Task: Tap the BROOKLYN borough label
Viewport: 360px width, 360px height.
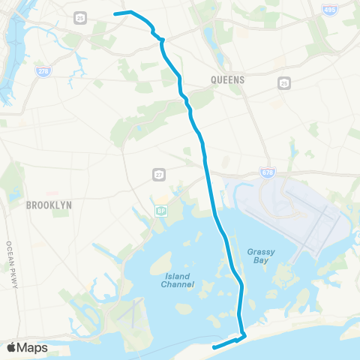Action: click(48, 204)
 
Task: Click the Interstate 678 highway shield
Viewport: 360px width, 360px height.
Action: click(267, 172)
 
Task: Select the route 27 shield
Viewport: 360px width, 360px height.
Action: click(158, 174)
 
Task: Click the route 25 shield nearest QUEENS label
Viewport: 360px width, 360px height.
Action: click(283, 82)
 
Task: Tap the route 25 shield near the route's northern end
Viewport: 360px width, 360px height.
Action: click(81, 17)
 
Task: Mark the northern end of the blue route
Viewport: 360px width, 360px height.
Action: click(115, 13)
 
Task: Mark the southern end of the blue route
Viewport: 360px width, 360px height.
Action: click(214, 347)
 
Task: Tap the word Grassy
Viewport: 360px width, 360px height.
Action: click(259, 252)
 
